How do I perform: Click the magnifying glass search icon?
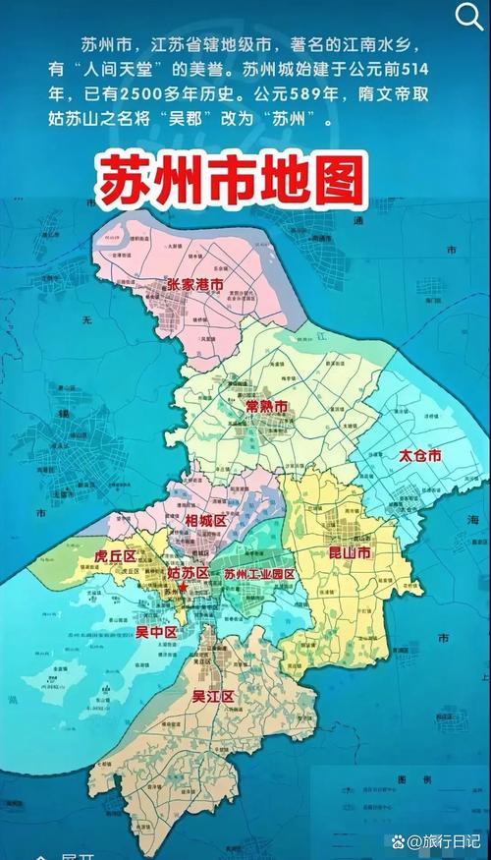[468, 17]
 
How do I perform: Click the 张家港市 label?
[194, 284]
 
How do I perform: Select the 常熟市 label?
[266, 406]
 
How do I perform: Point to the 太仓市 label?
[419, 456]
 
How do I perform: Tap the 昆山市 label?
[350, 554]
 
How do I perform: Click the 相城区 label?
[205, 520]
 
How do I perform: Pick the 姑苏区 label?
[189, 573]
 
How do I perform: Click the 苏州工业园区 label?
[259, 574]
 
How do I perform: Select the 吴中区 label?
[155, 630]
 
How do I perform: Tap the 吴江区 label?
[213, 697]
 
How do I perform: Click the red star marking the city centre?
[183, 586]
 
